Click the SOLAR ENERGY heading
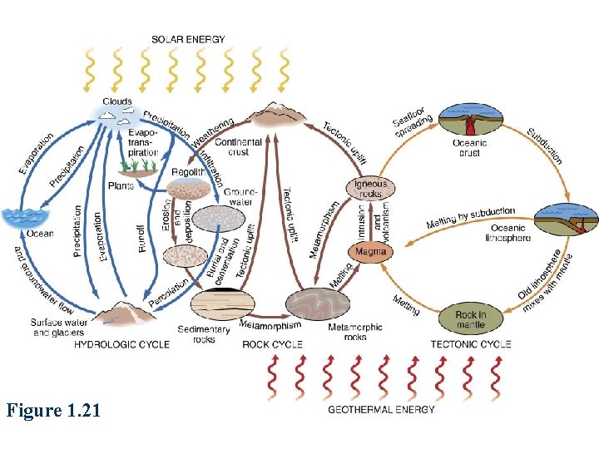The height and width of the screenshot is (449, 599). (x=188, y=39)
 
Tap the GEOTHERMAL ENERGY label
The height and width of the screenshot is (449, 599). (x=382, y=409)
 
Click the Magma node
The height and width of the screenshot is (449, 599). (x=371, y=250)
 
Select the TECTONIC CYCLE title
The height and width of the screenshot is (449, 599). (x=471, y=343)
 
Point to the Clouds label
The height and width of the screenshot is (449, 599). (x=117, y=101)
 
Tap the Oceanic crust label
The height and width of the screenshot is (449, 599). (x=469, y=147)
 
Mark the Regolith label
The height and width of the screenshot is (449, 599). (x=188, y=172)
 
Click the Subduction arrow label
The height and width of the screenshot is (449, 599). (x=545, y=146)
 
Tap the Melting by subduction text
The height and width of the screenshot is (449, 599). (x=471, y=219)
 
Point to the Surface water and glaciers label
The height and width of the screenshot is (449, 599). (x=57, y=328)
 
